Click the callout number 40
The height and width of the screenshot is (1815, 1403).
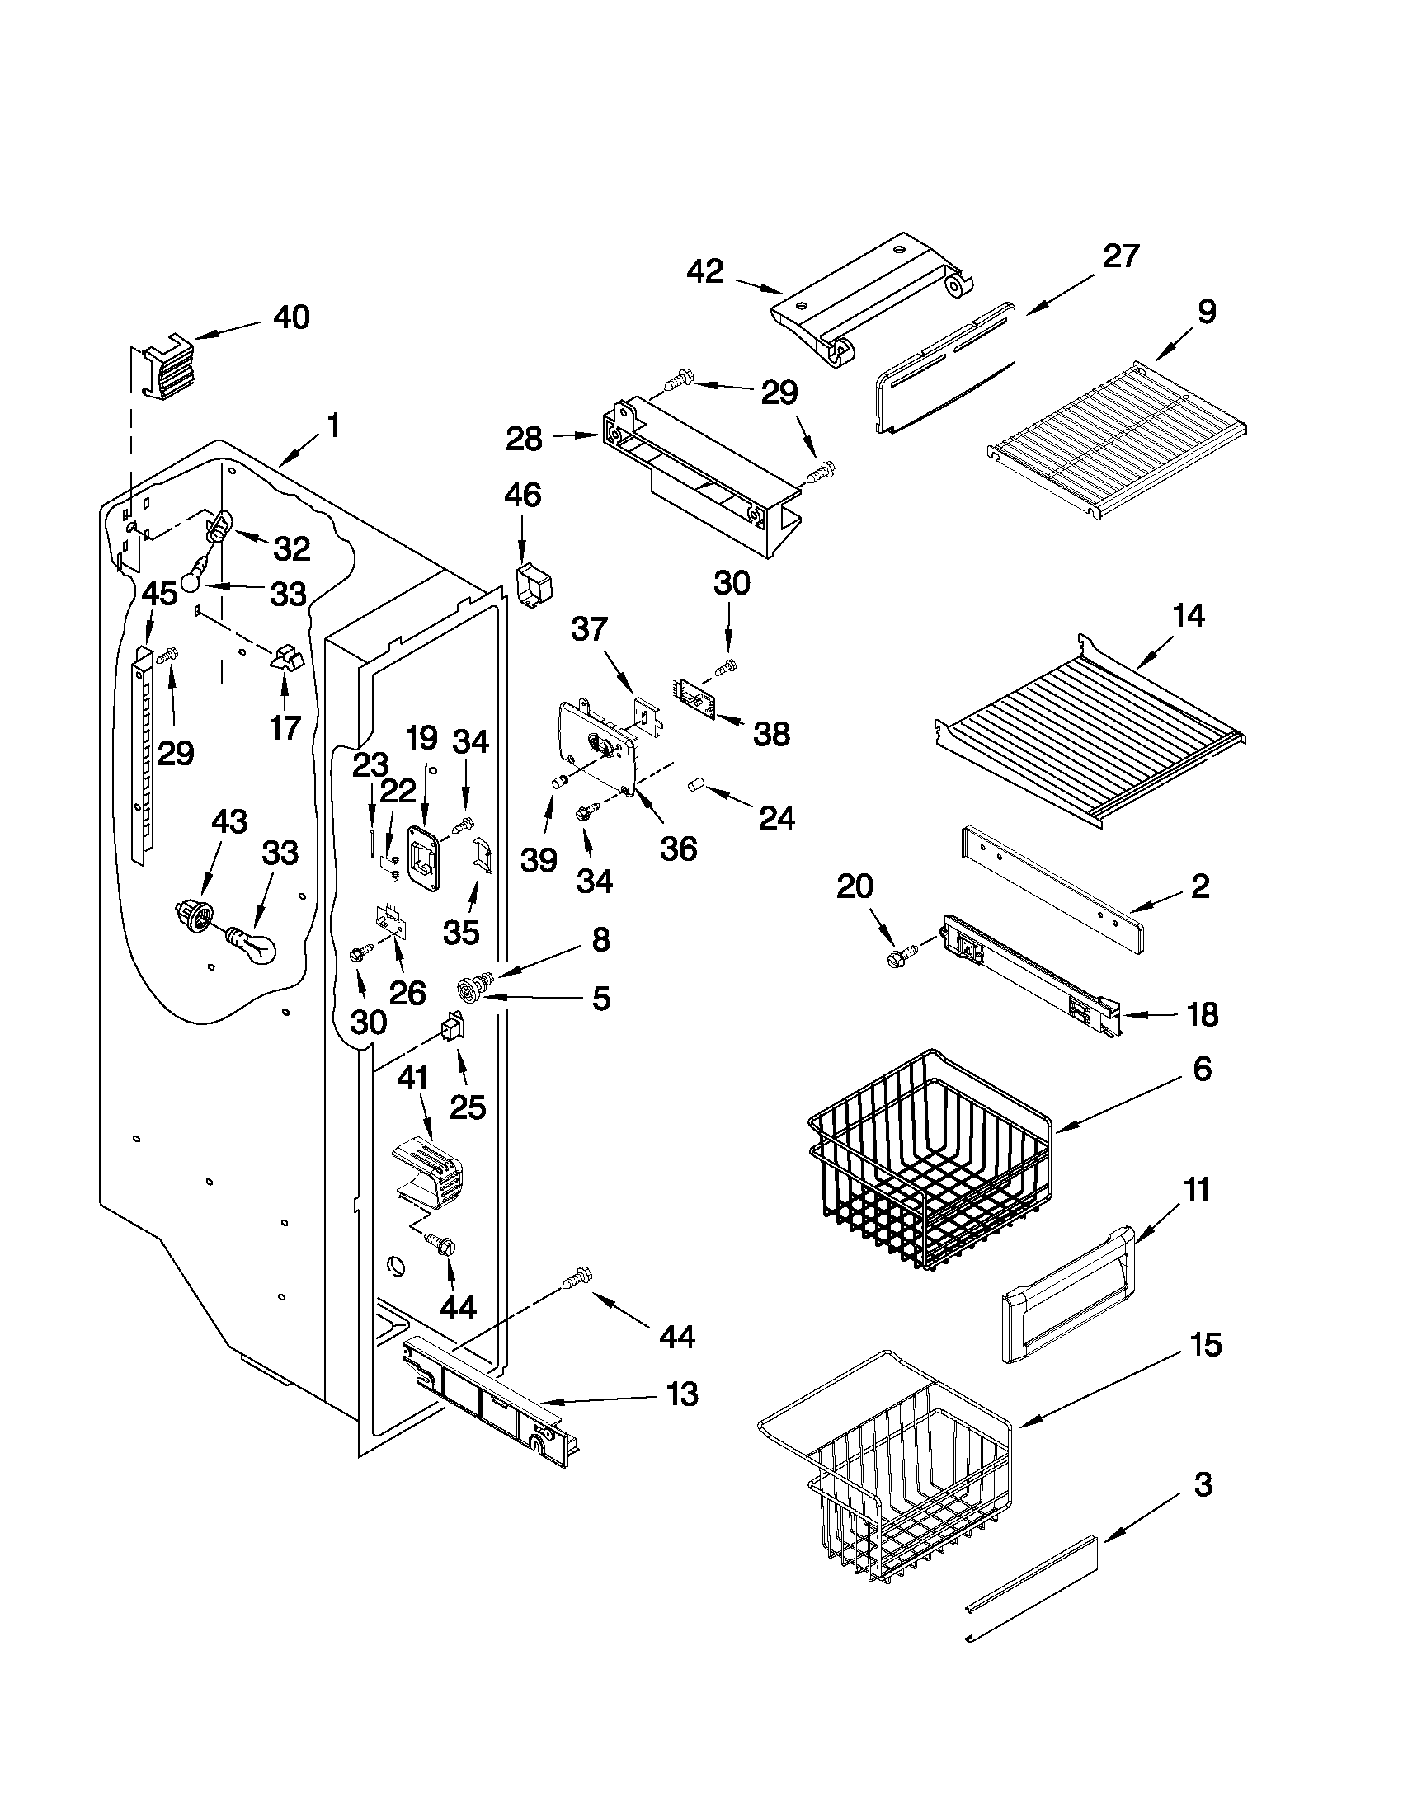[x=291, y=317]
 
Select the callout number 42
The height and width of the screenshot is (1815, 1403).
[x=705, y=272]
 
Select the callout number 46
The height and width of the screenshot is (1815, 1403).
[x=522, y=496]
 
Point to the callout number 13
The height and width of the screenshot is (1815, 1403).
[x=681, y=1394]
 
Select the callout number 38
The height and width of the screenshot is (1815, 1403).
[x=771, y=734]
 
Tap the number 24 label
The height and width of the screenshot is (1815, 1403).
[x=776, y=818]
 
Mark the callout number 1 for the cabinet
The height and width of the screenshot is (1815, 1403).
[x=332, y=427]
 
